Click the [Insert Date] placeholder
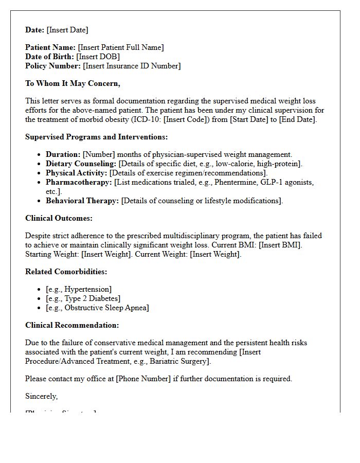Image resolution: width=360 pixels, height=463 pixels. coord(67,30)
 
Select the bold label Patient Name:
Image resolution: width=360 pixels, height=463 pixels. coord(50,47)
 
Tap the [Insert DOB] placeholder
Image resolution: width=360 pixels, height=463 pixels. coord(98,57)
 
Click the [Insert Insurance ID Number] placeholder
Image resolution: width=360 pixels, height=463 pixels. coord(132,66)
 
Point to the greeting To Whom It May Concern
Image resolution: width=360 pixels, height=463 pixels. coord(73,83)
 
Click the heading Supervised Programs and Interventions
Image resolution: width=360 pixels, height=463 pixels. coord(96,137)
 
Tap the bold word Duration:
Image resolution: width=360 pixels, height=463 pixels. coord(63,154)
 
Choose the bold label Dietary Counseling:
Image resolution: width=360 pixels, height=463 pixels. coord(81,164)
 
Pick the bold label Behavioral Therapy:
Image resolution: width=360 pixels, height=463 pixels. coord(82,201)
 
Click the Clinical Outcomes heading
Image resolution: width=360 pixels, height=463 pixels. coord(59,218)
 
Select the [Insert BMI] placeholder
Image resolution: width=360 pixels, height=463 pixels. coord(280,245)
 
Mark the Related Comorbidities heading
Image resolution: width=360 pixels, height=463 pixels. coord(66,272)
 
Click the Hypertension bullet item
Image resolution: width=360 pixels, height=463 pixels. coord(79,289)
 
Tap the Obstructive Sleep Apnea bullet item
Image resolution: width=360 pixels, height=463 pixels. coord(97,308)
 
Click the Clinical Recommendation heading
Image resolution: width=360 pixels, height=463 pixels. coord(72,325)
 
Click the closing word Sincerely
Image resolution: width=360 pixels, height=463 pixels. coord(41,396)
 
